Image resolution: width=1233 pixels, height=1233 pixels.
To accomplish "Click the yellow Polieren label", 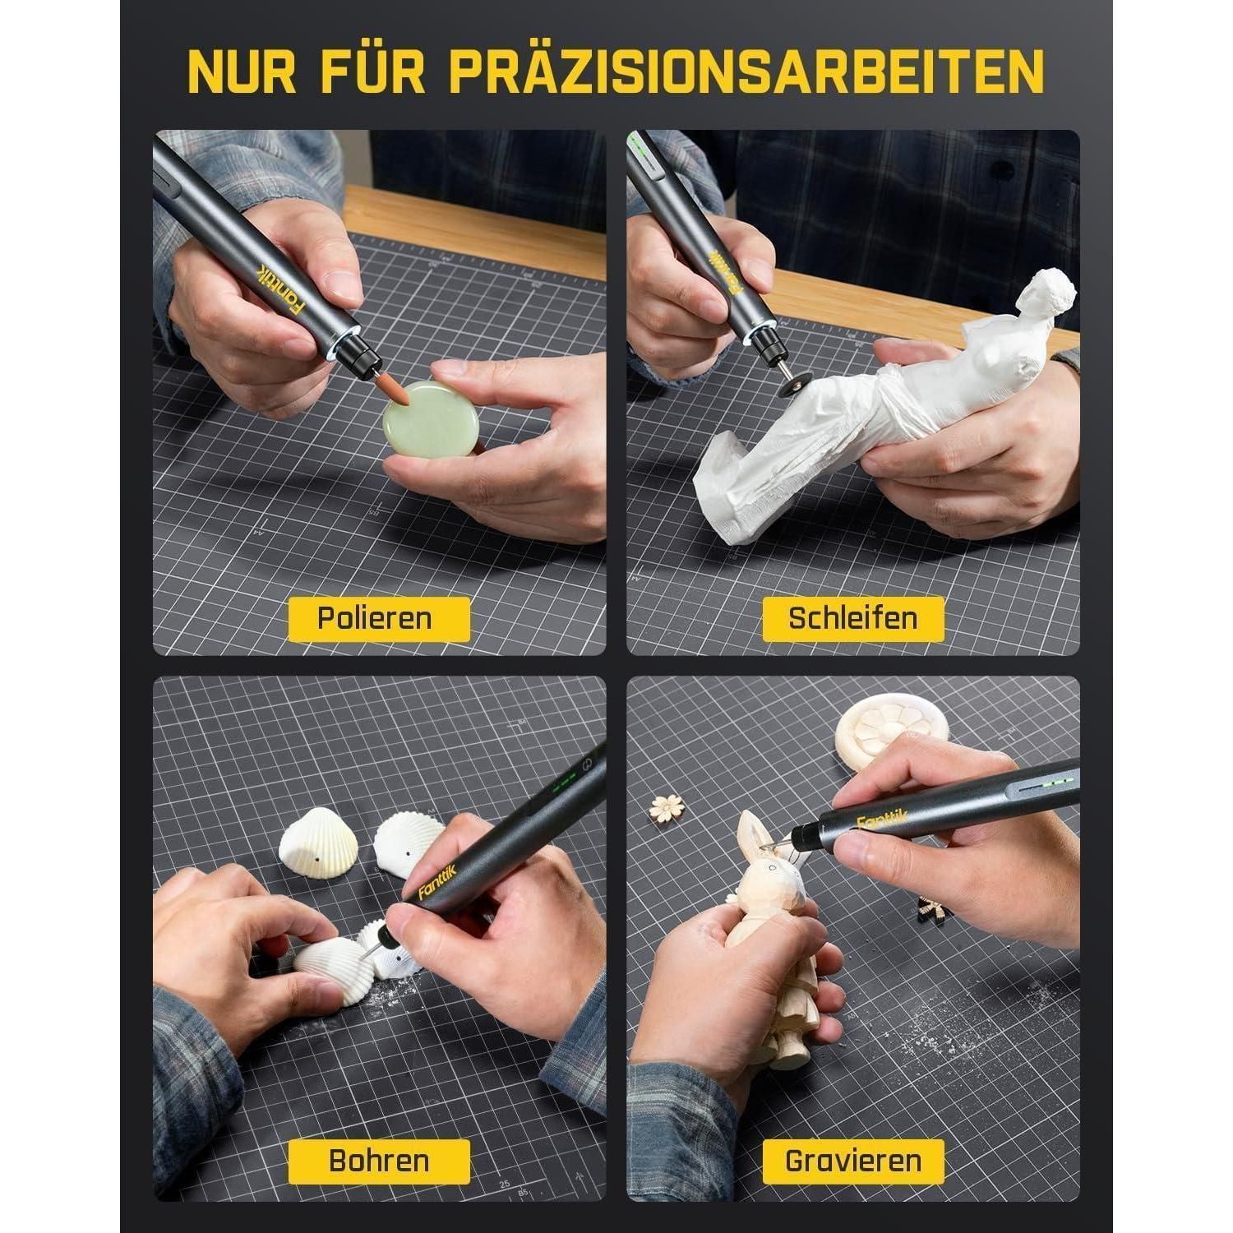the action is pos(379,619).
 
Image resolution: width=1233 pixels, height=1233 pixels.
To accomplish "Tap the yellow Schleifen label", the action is pos(852,619).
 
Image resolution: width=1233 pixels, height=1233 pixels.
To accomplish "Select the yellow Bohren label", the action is pos(379,1161).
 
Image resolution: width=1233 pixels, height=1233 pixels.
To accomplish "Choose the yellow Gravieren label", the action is pos(852,1161).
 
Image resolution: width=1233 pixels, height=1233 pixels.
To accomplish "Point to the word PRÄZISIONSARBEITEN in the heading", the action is pos(747,72).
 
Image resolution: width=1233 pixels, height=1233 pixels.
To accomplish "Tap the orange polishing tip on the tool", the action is pos(402,393).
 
